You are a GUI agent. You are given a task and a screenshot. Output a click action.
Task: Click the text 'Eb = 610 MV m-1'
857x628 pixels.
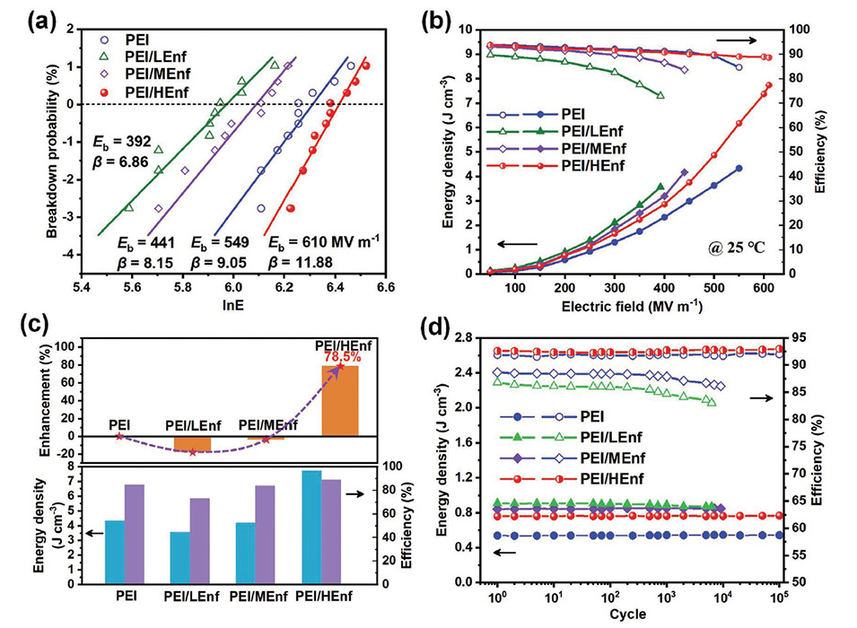click(319, 241)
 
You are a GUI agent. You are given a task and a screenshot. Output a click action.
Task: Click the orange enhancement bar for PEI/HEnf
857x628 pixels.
click(340, 400)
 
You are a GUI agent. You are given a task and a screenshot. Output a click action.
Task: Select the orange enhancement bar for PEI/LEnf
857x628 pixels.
click(192, 443)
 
